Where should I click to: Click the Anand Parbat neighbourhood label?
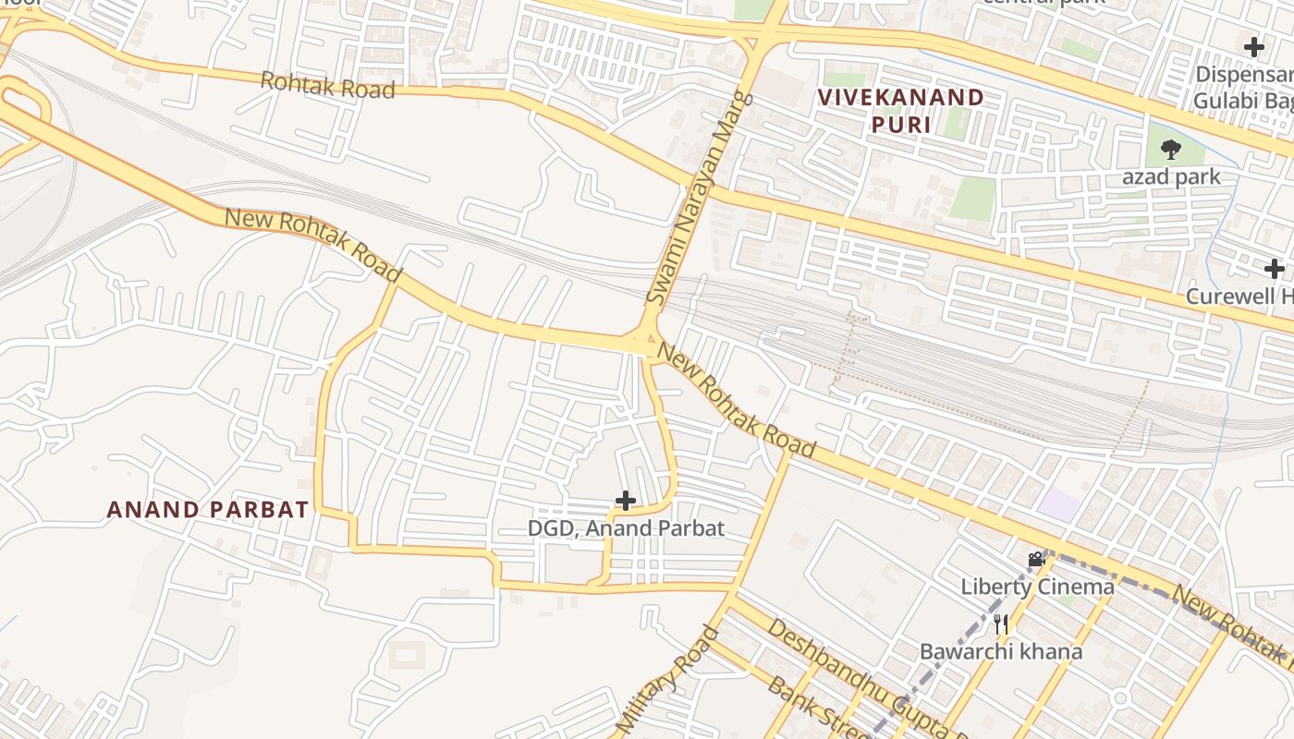pos(207,509)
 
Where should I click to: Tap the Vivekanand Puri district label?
pos(899,110)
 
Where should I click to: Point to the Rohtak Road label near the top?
pos(327,85)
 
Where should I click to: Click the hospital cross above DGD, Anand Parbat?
pos(626,502)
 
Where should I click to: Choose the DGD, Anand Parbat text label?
pos(626,528)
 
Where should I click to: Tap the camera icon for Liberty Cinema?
pos(1036,559)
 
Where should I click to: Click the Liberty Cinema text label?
pos(1037,587)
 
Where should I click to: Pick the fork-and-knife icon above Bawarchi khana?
pos(1001,624)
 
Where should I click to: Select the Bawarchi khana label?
pos(1000,651)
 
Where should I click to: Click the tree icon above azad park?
pos(1170,149)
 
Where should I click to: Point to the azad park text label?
pos(1171,176)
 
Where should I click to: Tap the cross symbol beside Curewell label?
pos(1275,270)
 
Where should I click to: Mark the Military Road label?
pos(665,679)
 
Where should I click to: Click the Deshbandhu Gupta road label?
pos(864,680)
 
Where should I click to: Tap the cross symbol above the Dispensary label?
pos(1254,46)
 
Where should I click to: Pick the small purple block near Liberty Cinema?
pos(1058,504)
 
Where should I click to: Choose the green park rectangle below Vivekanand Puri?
pos(972,198)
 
